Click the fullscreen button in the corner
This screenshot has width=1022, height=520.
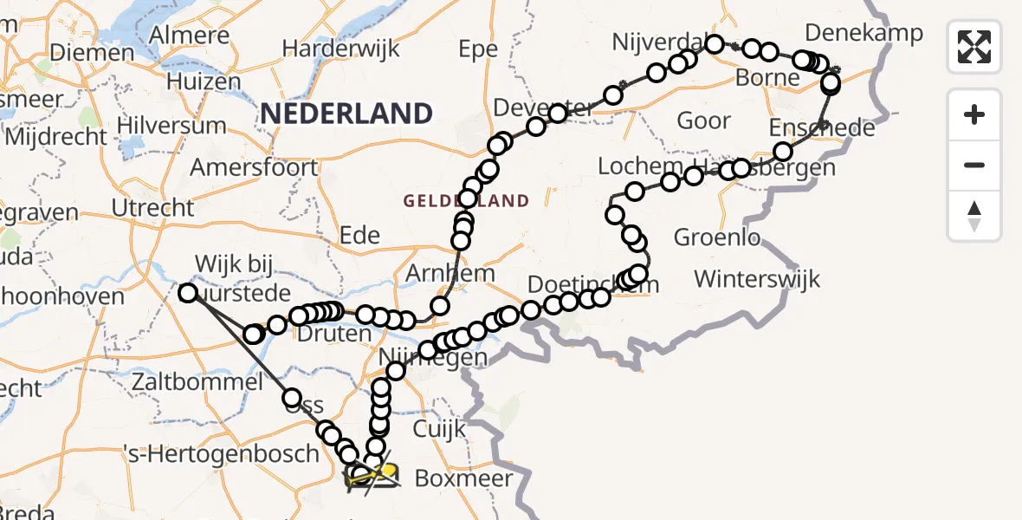(x=974, y=46)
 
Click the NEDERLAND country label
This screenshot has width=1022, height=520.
(x=346, y=114)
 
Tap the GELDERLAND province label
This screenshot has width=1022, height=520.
(x=466, y=201)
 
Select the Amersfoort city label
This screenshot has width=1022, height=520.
(x=254, y=166)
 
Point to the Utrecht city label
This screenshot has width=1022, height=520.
(x=153, y=207)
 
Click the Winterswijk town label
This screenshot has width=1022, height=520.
(x=757, y=279)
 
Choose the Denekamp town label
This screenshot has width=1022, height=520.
(x=864, y=33)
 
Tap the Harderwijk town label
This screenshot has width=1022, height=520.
(x=341, y=48)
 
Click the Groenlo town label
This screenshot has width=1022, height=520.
(x=716, y=237)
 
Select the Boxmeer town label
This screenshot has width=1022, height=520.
(x=463, y=478)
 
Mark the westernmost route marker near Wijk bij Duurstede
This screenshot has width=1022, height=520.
(x=188, y=293)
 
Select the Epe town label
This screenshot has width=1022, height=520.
(x=478, y=49)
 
